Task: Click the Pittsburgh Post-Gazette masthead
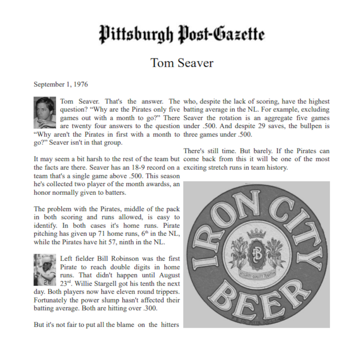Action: coord(181,34)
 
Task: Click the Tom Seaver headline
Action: coord(181,63)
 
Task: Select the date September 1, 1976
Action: coord(61,84)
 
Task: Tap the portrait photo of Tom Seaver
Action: coord(45,113)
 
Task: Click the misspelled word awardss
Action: coord(141,184)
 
